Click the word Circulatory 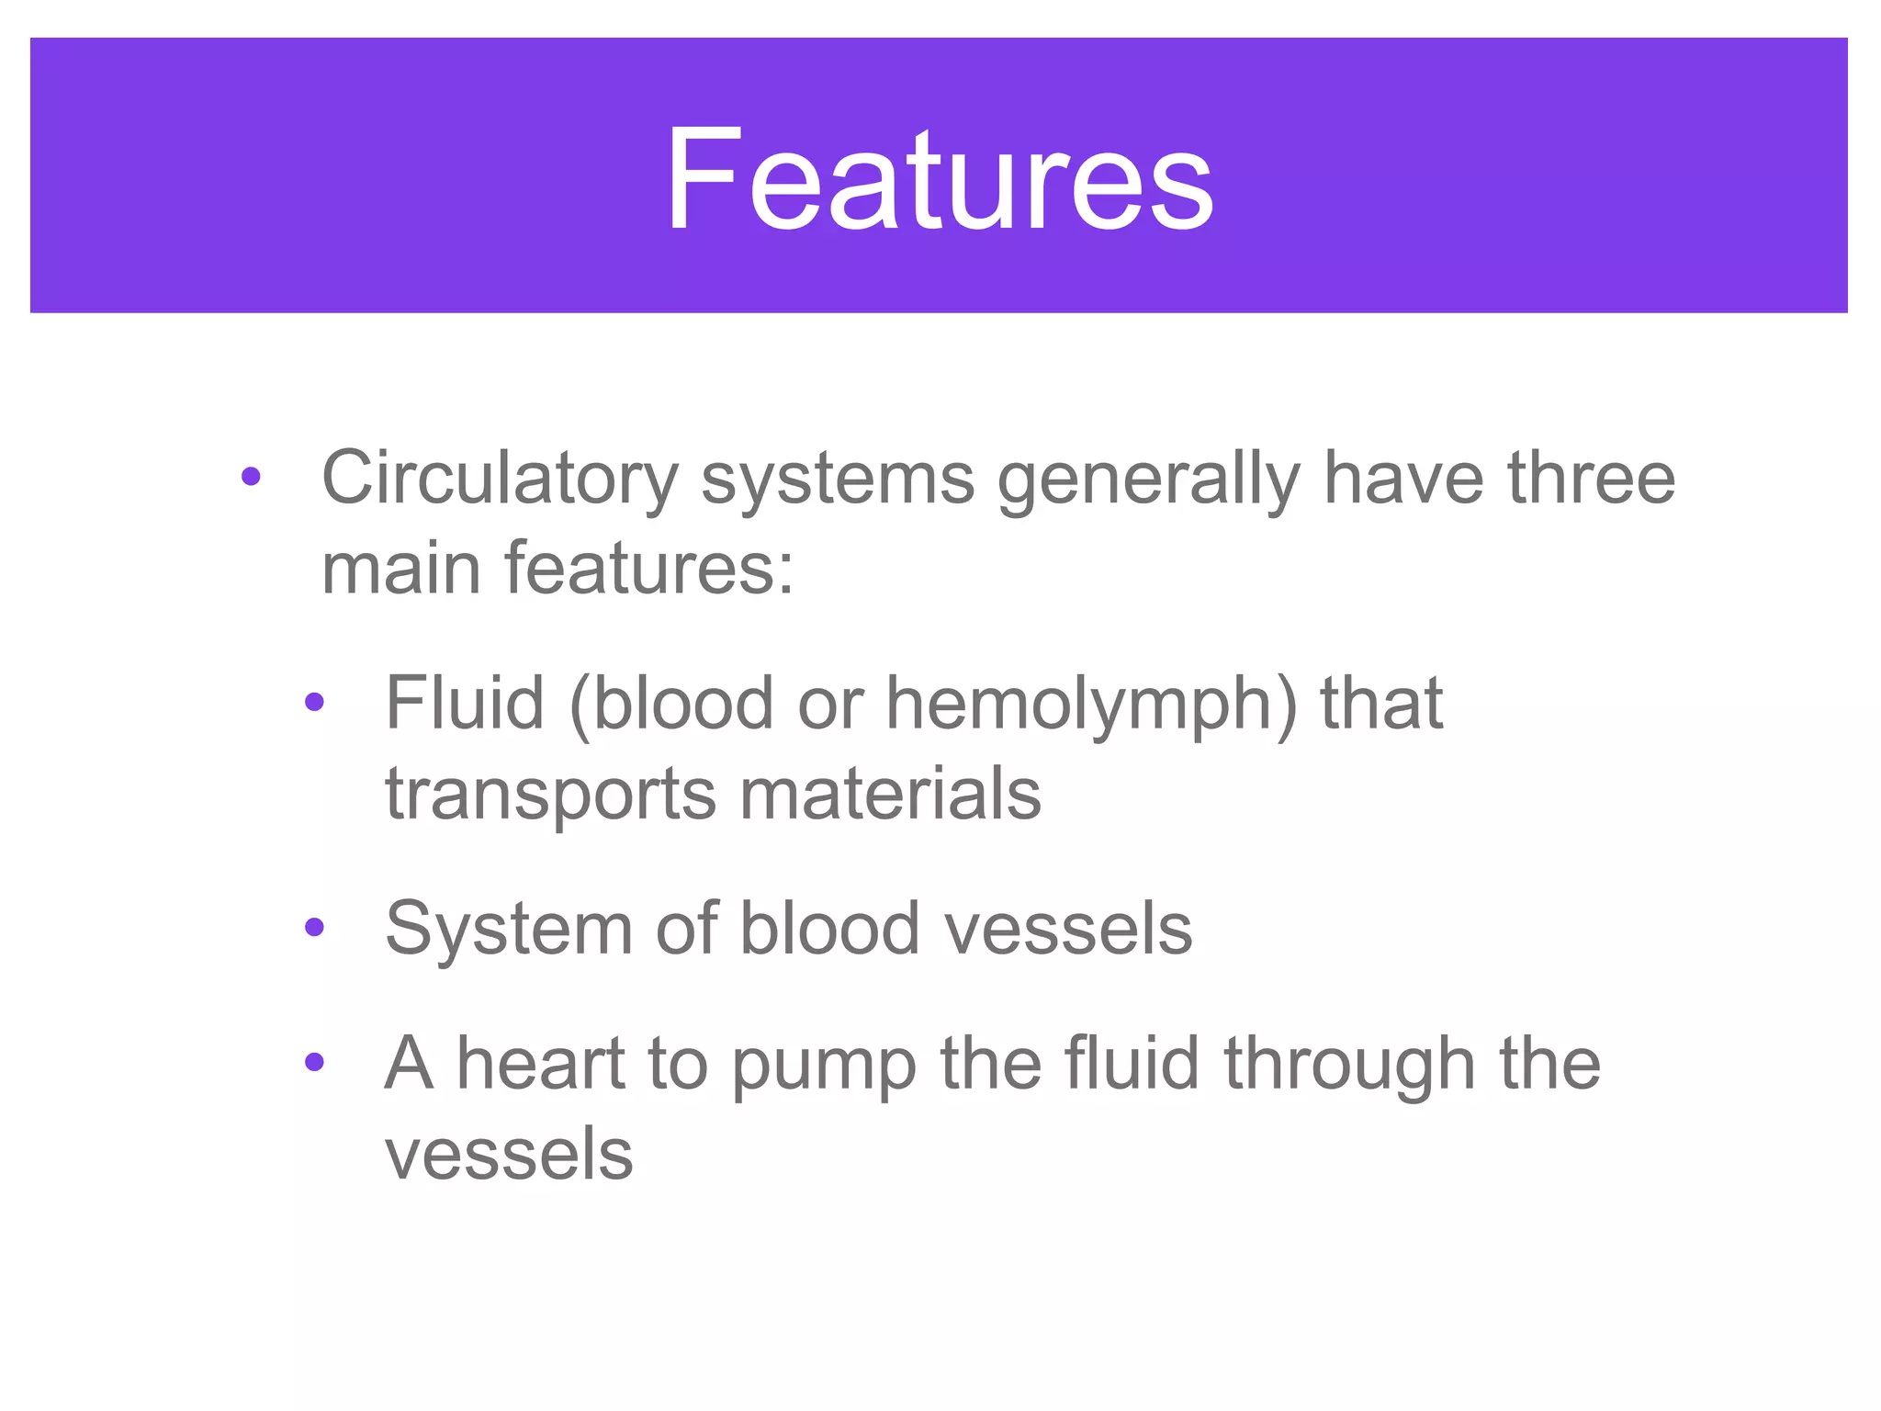pos(500,479)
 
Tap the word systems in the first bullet pos(837,479)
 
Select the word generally pos(1148,479)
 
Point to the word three pos(1591,479)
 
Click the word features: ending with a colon pos(648,568)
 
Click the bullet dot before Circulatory pos(251,477)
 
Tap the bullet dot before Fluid pos(314,703)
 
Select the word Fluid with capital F pos(465,703)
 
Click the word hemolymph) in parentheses pos(1092,703)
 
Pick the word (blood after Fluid pos(671,703)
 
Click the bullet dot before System pos(314,928)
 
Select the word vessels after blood pos(1068,928)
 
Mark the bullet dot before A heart pos(314,1063)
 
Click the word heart pos(541,1063)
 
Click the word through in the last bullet pos(1349,1063)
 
